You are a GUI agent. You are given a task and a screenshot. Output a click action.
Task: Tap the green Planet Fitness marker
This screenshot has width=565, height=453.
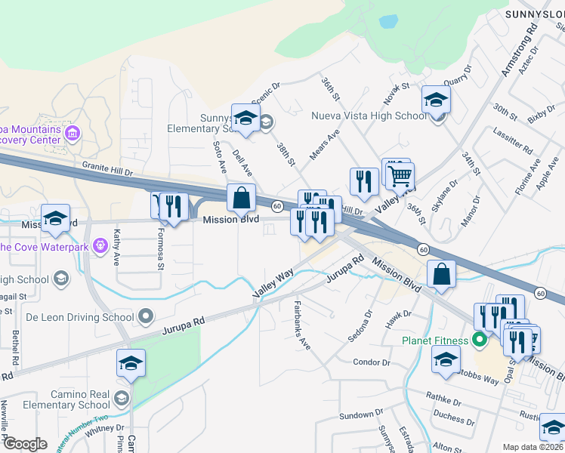point(479,340)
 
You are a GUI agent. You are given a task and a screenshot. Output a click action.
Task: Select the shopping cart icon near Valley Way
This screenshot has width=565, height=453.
point(400,176)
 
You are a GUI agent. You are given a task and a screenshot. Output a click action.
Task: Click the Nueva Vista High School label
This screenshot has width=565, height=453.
point(369,116)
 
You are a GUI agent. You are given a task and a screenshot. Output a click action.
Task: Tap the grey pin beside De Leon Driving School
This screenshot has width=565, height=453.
point(146,316)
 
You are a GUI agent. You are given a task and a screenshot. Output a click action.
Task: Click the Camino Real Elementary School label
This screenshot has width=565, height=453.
point(64,399)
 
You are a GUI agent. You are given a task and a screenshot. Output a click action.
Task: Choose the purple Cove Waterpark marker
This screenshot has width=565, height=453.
point(99,246)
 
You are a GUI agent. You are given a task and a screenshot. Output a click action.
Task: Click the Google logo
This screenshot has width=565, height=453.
point(24,444)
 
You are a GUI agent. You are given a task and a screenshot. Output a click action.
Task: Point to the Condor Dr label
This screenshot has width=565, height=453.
point(371,362)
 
